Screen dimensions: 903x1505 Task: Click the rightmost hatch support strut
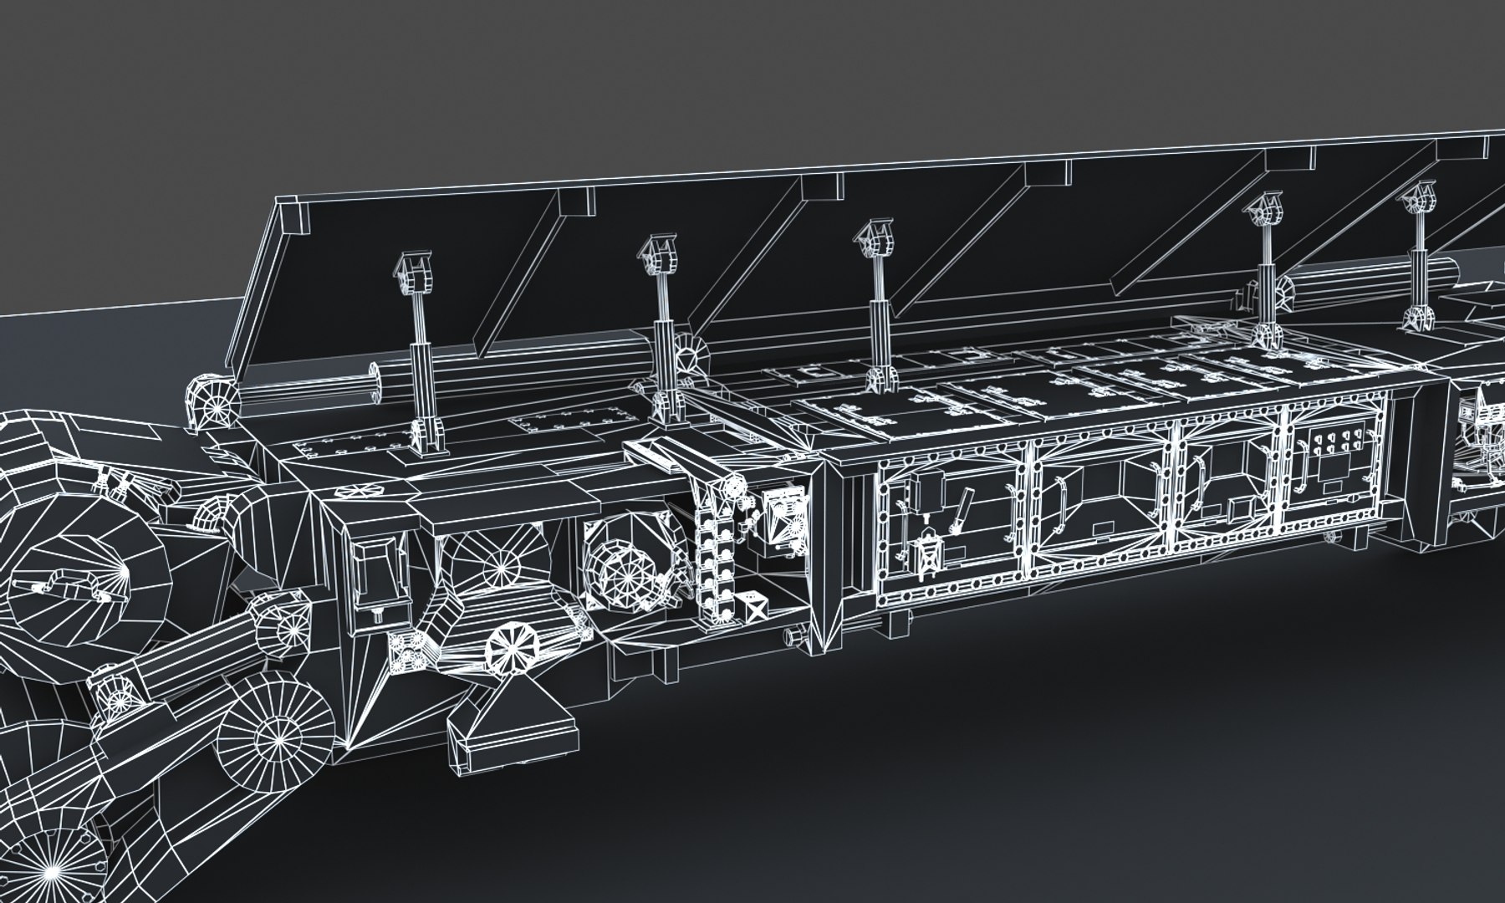[x=1420, y=259]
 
